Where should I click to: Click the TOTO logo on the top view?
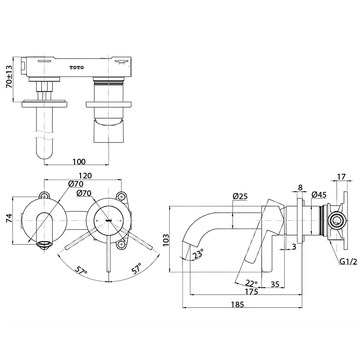(x=77, y=67)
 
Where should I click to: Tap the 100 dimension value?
(x=79, y=161)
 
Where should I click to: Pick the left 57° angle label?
(x=81, y=271)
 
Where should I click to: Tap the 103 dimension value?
(x=166, y=239)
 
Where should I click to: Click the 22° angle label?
(x=251, y=283)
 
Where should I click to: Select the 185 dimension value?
(x=237, y=304)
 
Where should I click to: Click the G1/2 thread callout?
(x=348, y=261)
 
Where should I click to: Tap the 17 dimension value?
(x=341, y=177)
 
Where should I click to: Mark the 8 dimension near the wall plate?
(x=300, y=187)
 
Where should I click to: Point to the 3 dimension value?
(x=294, y=246)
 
